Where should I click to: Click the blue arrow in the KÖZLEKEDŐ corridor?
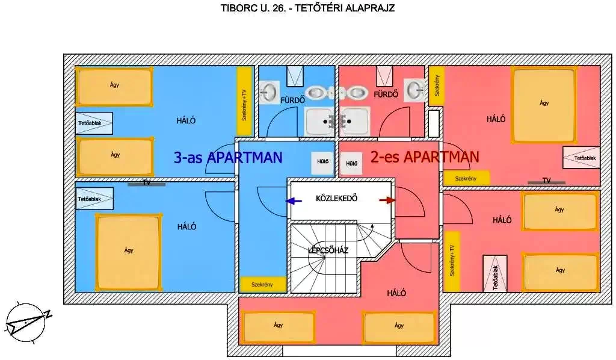point(294,201)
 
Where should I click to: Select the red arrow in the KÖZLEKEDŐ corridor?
point(388,200)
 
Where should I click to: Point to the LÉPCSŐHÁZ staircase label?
point(328,250)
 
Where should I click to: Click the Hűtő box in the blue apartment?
point(322,162)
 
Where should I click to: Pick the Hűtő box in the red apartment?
point(352,163)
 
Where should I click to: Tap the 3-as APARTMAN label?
point(227,158)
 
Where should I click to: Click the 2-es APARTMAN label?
point(425,157)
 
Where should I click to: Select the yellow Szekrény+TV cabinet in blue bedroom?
point(244,101)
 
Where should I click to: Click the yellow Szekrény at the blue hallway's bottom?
point(263,284)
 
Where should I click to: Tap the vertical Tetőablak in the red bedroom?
point(495,274)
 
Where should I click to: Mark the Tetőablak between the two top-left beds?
point(94,123)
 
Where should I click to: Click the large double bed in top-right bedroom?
point(544,104)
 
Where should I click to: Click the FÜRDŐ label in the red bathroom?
point(386,95)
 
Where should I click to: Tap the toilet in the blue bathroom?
point(317,92)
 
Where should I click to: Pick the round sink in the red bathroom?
point(414,90)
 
